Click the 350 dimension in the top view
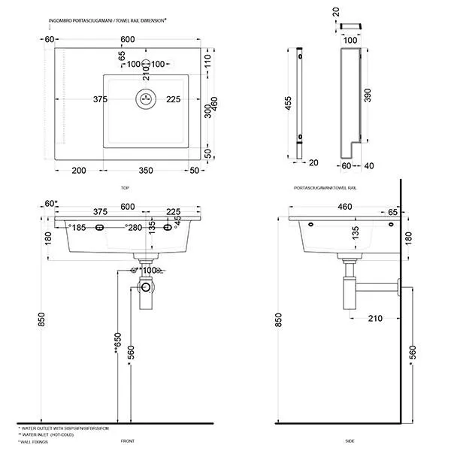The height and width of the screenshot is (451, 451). (147, 171)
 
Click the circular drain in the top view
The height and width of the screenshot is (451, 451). (146, 98)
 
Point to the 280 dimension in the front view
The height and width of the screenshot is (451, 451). (135, 228)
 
